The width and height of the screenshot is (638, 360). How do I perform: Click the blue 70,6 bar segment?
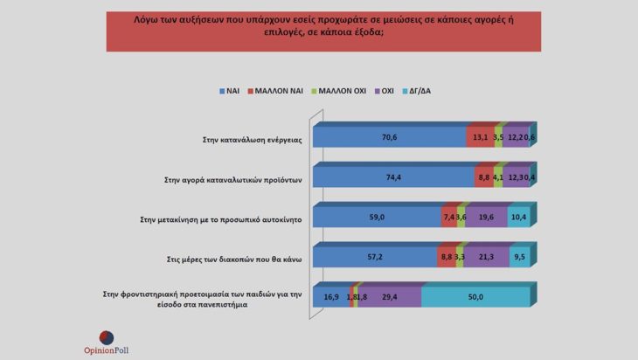point(389,137)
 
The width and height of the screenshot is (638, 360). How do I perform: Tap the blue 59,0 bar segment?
point(376,218)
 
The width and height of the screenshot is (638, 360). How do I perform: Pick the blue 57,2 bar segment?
point(374,257)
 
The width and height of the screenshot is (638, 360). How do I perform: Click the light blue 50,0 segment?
point(475,297)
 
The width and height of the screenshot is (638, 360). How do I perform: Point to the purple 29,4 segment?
point(390,297)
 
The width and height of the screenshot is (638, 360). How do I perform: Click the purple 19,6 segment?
point(487,218)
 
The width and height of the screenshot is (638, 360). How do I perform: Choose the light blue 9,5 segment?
point(520,257)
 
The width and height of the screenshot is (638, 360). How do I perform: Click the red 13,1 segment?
point(480,137)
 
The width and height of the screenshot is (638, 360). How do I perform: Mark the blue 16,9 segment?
point(330,297)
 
